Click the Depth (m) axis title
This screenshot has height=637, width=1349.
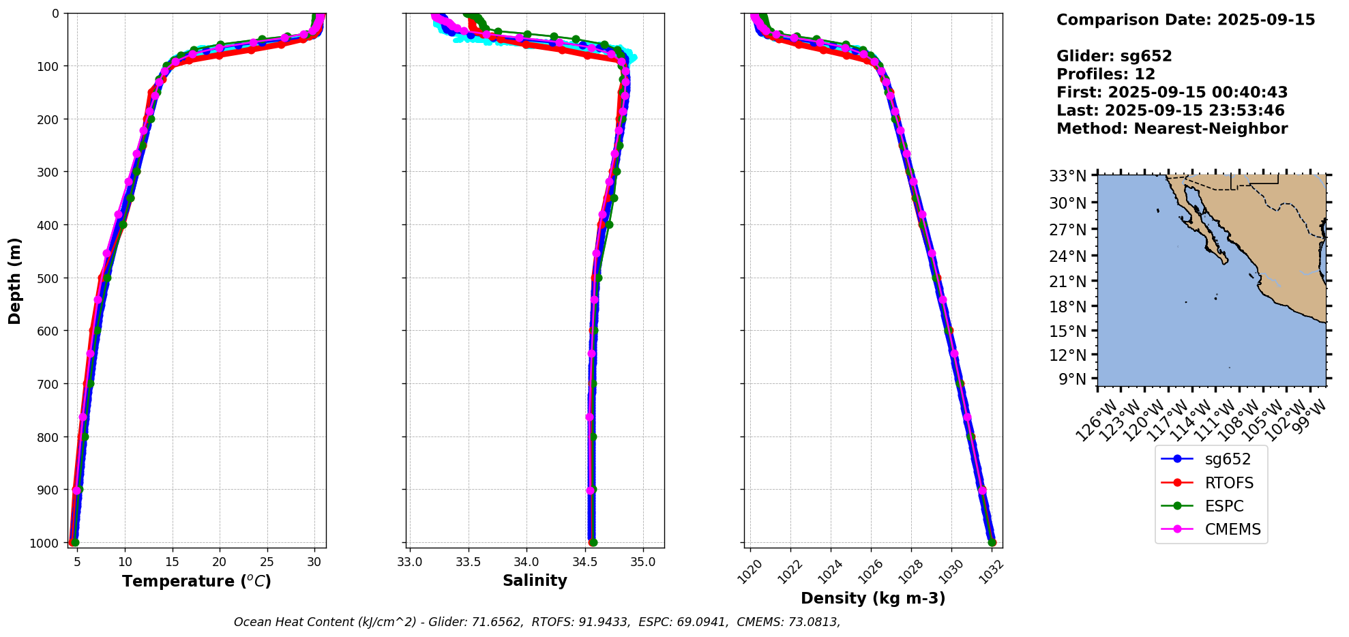click(x=15, y=280)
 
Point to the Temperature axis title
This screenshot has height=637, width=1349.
click(x=196, y=581)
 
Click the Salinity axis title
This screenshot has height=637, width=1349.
click(x=535, y=580)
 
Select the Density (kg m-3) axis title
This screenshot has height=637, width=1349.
click(x=872, y=598)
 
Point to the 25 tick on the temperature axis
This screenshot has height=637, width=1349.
click(x=267, y=561)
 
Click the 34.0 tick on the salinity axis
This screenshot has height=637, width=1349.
click(x=526, y=561)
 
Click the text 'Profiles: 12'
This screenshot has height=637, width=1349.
click(x=1106, y=74)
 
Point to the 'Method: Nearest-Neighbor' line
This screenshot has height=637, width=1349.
click(x=1172, y=129)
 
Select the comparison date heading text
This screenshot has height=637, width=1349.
click(x=1185, y=20)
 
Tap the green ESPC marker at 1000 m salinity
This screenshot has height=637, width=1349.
click(x=593, y=543)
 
